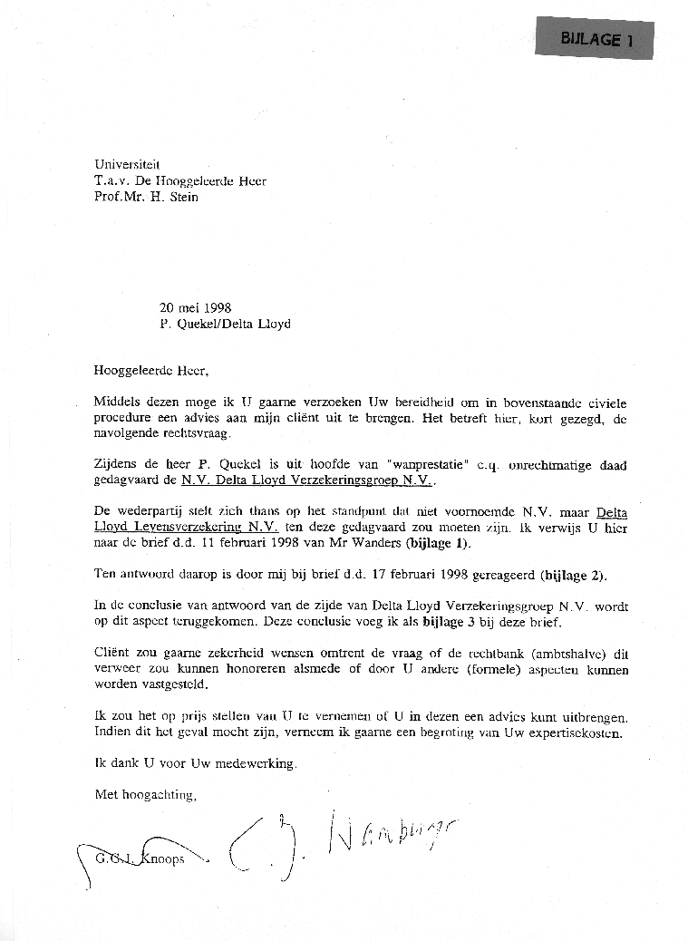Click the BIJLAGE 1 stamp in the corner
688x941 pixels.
pos(596,39)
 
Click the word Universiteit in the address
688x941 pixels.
pos(127,164)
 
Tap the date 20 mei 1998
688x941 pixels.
pos(195,307)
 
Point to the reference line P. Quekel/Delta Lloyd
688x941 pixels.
pos(225,324)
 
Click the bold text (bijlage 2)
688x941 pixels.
pos(575,576)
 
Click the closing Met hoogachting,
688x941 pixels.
pos(145,795)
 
